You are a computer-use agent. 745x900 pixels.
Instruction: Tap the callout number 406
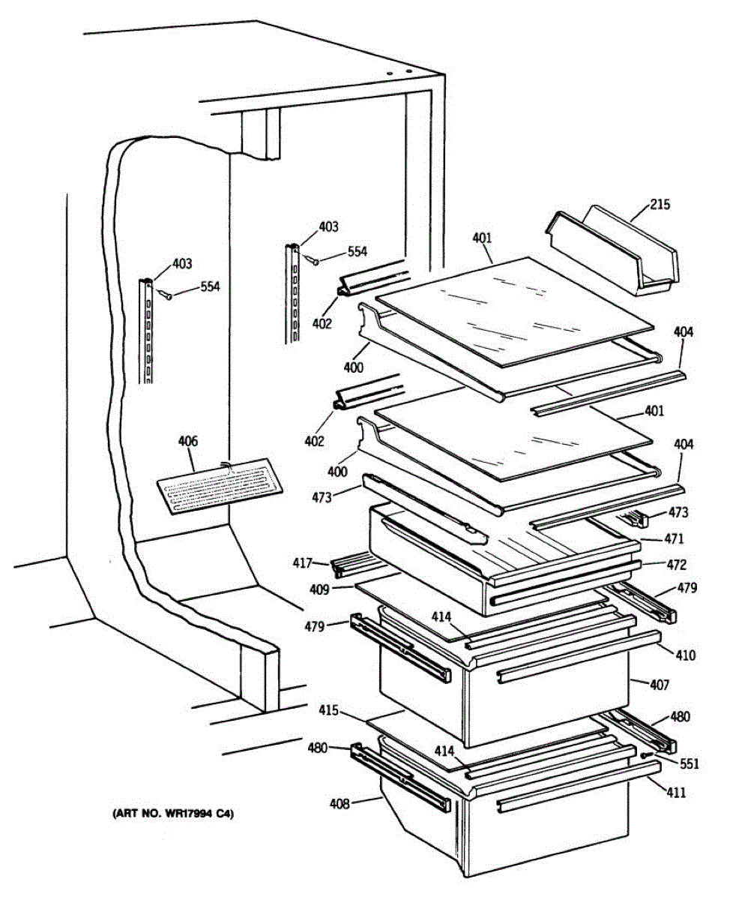click(187, 442)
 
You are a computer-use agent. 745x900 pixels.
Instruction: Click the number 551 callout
click(689, 764)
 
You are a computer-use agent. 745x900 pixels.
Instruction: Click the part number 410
click(685, 655)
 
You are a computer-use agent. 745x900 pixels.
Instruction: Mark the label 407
click(660, 684)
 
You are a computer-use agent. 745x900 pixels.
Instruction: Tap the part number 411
click(677, 792)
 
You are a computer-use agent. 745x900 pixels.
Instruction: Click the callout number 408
click(339, 804)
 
